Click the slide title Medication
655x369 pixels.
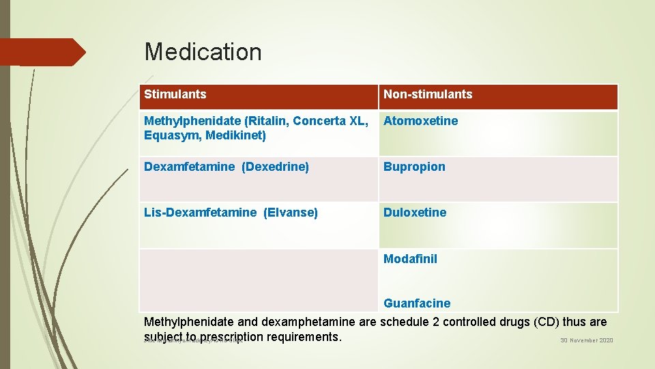pos(203,52)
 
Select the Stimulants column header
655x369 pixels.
pos(175,94)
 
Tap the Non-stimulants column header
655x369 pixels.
pos(427,94)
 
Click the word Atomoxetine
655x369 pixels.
pos(420,121)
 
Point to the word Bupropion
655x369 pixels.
pos(414,167)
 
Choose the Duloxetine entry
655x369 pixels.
pos(415,213)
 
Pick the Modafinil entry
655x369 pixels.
pos(410,259)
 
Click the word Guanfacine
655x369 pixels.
pos(417,303)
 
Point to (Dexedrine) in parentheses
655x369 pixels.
pos(275,167)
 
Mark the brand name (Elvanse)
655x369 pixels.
pos(291,213)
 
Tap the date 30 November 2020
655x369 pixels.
pos(587,340)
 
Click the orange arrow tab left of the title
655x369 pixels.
pos(42,52)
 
